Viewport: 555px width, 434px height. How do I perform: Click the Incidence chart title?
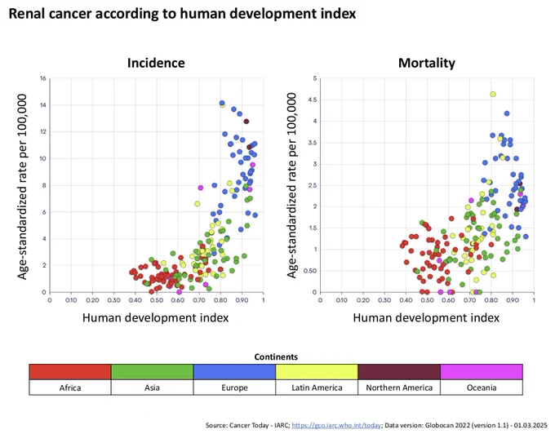coord(156,63)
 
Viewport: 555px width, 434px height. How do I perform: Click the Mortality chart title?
coord(427,63)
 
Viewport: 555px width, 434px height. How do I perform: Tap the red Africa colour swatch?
coord(70,372)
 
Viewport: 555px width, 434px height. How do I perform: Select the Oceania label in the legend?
coord(482,387)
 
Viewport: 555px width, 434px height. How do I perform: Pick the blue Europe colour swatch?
coord(234,372)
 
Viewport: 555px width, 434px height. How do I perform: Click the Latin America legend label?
coord(317,387)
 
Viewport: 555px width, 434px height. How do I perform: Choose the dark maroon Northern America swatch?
coord(399,372)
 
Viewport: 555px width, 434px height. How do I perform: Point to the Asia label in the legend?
coord(152,387)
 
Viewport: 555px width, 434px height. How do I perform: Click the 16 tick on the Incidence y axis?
coord(43,78)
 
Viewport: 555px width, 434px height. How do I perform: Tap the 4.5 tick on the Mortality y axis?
coord(313,100)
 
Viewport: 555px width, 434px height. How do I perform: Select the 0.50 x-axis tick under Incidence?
coord(157,300)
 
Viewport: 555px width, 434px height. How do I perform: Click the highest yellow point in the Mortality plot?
coord(493,94)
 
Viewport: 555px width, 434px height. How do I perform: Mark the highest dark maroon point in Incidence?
coord(246,122)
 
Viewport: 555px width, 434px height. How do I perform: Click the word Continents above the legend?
coord(276,356)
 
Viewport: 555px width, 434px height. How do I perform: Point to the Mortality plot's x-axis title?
coord(426,317)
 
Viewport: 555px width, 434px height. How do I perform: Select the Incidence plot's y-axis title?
coord(22,186)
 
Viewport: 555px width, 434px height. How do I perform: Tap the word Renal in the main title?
coord(27,13)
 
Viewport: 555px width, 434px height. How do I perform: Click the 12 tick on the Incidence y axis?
coord(43,131)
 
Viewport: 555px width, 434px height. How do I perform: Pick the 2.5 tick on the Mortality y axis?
coord(313,185)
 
